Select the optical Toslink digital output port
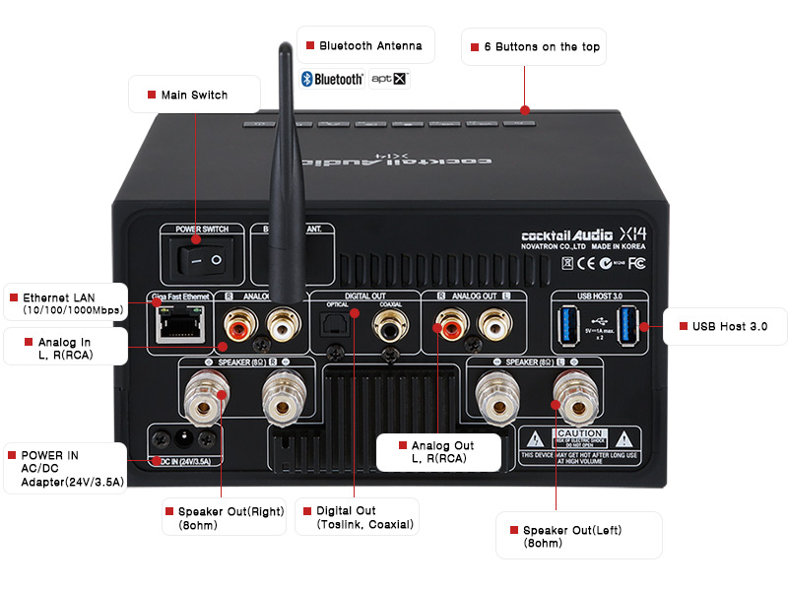point(336,326)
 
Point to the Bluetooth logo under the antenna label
point(333,79)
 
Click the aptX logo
point(388,79)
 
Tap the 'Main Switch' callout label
point(194,95)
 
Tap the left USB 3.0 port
point(569,326)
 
